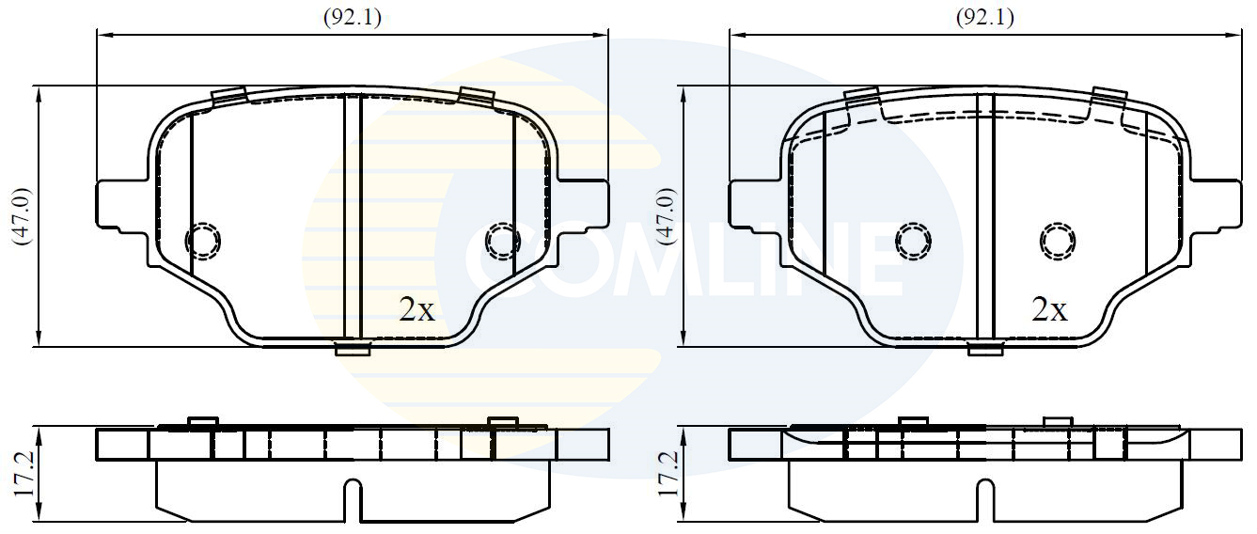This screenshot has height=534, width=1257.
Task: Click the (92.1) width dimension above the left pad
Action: pos(353,17)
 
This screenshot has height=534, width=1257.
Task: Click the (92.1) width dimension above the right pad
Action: pos(984,17)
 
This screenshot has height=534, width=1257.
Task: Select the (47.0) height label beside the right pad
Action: pos(667,216)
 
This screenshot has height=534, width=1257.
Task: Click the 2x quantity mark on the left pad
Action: pos(417,310)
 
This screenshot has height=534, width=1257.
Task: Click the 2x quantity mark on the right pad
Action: pos(1049,310)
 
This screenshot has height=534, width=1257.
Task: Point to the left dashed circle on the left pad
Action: pos(203,242)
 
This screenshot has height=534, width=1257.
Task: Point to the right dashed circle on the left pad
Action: pos(503,242)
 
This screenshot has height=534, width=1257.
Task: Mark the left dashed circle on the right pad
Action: pos(912,242)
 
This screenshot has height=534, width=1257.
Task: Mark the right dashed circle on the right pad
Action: pos(1059,242)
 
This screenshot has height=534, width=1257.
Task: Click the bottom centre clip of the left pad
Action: pos(354,350)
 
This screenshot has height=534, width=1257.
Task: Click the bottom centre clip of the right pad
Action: pos(985,350)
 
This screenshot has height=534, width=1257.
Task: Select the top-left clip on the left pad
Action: pos(228,96)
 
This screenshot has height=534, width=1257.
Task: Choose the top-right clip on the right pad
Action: pos(1109,96)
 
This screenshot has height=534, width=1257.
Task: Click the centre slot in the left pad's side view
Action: pos(354,499)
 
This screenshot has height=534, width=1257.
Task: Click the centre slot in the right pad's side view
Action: pos(985,499)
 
